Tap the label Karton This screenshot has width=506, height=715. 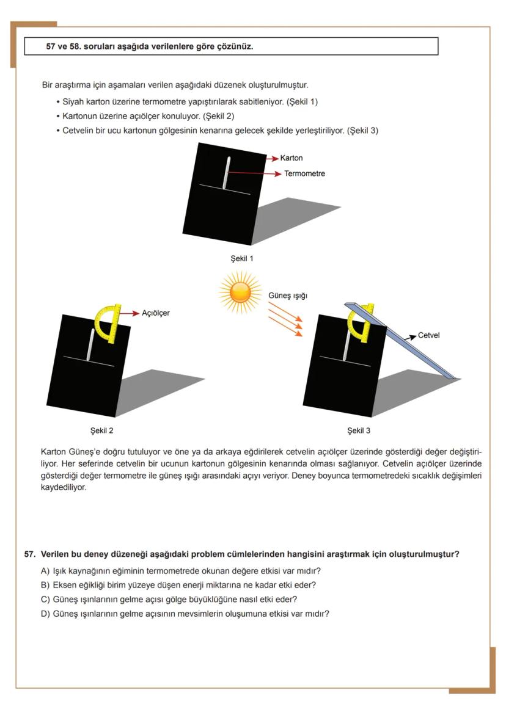click(291, 158)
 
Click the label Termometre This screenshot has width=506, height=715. click(304, 173)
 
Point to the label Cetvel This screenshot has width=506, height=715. click(429, 336)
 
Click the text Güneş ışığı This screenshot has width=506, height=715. click(288, 296)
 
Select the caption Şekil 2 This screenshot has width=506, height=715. click(101, 430)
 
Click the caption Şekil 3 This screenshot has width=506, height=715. click(359, 430)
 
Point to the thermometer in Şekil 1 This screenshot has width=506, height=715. click(226, 173)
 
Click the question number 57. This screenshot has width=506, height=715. click(29, 554)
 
